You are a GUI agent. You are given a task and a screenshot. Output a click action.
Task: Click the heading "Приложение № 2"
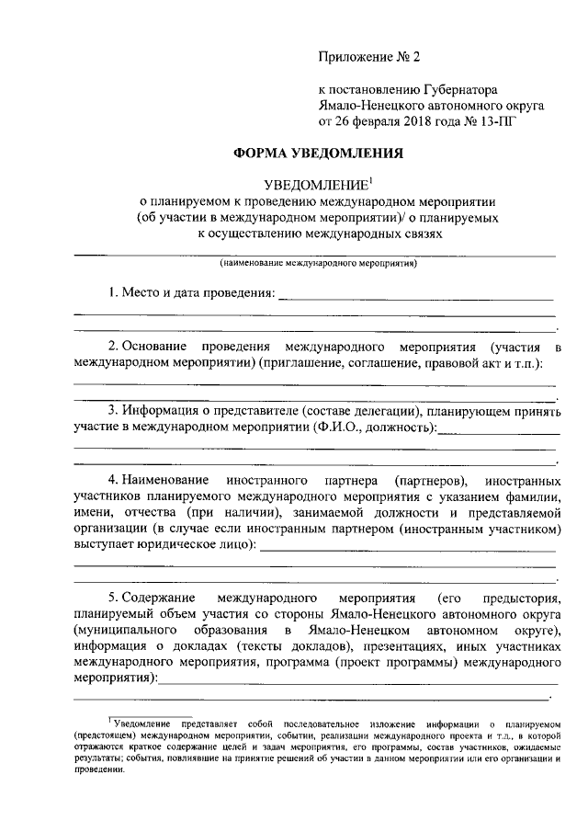[x=367, y=56]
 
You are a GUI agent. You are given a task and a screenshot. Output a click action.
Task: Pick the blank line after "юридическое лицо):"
[x=408, y=550]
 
